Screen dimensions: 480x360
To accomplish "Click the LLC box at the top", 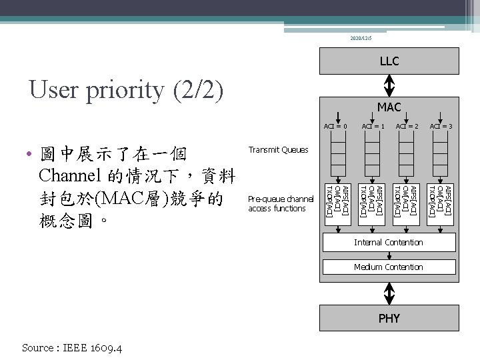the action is [389, 61].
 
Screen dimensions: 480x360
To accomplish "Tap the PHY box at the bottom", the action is [389, 318].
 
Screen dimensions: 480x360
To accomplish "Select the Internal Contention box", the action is [389, 243].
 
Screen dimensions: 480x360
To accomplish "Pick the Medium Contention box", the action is [389, 267].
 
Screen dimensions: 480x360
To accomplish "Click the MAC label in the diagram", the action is [389, 107].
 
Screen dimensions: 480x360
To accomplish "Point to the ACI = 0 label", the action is [335, 126].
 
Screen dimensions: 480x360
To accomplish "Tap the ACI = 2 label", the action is [407, 126].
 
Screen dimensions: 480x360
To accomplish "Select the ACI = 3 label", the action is [441, 126].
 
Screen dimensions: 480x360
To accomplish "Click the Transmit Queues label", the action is [278, 150].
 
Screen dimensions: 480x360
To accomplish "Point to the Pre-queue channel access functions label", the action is [280, 203].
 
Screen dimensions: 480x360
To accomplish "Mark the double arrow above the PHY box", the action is [389, 293].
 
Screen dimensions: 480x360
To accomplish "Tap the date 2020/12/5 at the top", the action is [362, 39].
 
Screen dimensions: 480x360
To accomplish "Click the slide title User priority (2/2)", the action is [127, 90].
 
